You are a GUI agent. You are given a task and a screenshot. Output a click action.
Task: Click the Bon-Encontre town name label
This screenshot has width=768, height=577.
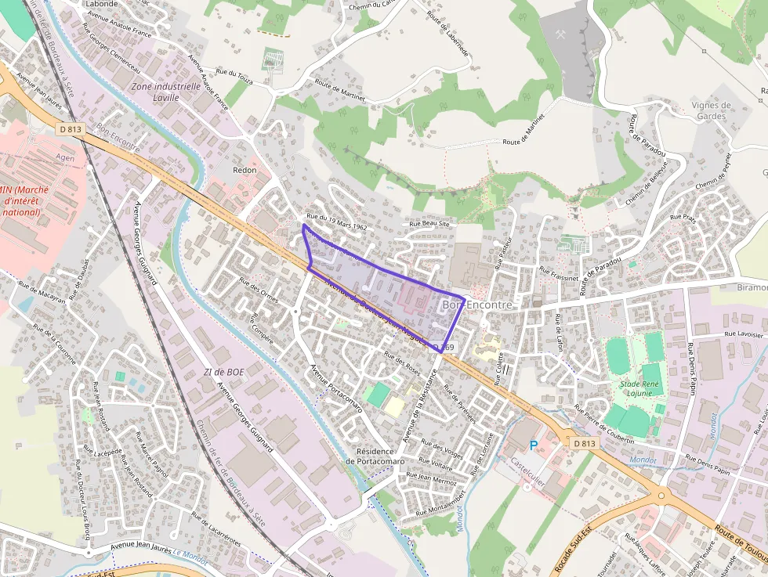[x=477, y=305]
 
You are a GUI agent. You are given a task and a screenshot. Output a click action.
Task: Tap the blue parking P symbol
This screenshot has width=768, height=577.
[x=534, y=445]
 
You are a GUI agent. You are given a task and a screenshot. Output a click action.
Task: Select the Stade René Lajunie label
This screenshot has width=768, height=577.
[x=640, y=388]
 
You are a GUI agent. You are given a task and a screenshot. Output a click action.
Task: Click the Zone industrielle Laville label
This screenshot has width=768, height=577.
[x=166, y=92]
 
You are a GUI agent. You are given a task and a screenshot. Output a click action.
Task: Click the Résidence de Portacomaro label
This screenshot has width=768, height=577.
[x=379, y=456]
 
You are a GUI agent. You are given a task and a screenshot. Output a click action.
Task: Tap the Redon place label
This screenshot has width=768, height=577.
[x=245, y=169]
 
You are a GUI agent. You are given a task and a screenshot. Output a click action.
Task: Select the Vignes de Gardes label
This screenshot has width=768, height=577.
[x=712, y=110]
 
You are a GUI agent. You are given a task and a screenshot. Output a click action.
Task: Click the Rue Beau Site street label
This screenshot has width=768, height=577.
[x=430, y=223]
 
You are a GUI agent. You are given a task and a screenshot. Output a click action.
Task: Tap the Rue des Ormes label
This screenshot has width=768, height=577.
[x=259, y=290]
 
